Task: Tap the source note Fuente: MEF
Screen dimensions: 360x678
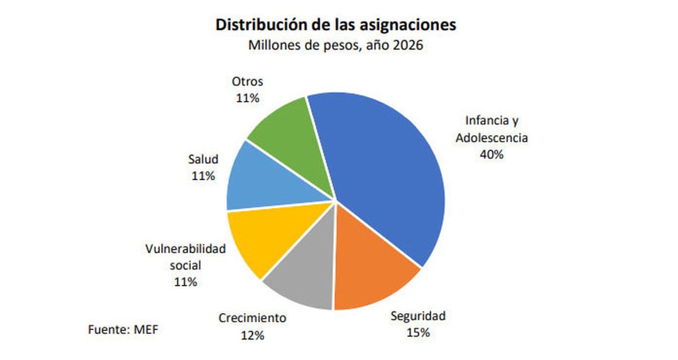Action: point(122,329)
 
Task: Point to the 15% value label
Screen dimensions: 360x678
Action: point(419,332)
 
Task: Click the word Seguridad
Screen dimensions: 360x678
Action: point(419,315)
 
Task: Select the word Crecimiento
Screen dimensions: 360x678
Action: point(252,318)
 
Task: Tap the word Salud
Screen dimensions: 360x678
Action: point(203,159)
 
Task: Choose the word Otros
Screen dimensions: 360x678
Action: point(247,81)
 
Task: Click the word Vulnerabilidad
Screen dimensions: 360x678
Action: point(185,249)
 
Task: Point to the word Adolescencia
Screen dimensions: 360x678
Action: point(492,137)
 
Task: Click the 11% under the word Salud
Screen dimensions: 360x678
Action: point(203,176)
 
